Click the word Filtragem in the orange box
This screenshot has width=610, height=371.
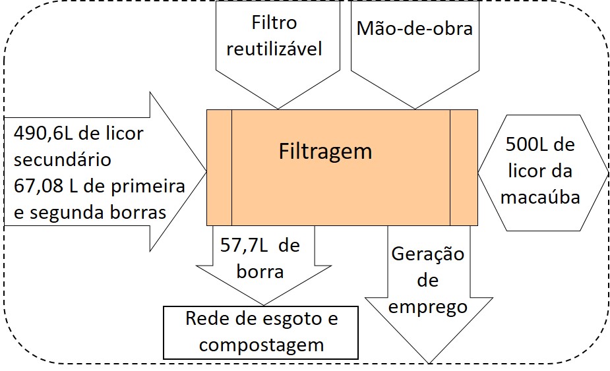[x=325, y=152]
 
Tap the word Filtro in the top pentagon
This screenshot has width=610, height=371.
[x=274, y=23]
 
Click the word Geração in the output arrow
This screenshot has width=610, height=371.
[x=428, y=254]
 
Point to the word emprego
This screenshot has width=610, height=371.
[x=429, y=306]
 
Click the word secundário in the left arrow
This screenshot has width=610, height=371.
[x=63, y=159]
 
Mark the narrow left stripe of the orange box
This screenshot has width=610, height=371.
[x=220, y=167]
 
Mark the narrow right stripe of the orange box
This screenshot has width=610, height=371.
[x=464, y=167]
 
